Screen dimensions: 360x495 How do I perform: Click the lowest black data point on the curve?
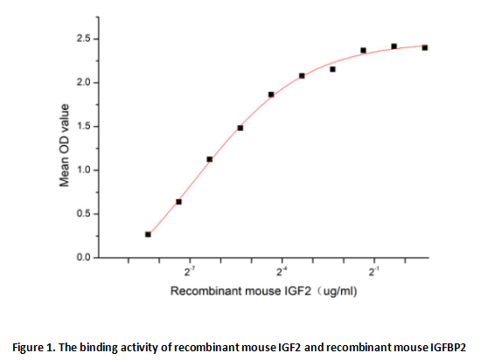[149, 234]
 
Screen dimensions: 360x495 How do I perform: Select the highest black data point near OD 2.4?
[394, 46]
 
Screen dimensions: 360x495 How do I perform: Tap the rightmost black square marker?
[425, 47]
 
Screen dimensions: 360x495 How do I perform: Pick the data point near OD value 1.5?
[241, 128]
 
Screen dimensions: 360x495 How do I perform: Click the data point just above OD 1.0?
[210, 159]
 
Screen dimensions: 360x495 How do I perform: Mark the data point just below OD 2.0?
[271, 94]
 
